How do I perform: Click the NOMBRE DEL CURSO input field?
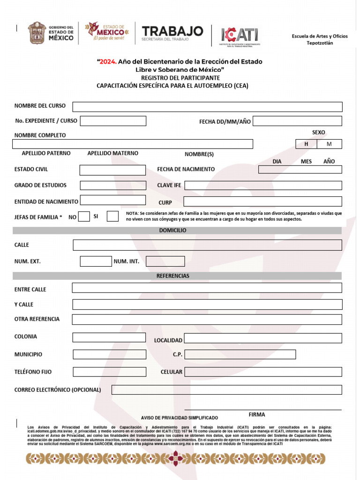207,107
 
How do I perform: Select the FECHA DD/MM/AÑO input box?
297,121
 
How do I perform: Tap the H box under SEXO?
306,144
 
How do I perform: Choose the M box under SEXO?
329,144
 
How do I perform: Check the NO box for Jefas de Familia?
84,217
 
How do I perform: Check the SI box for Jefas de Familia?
112,217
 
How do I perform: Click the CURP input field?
262,202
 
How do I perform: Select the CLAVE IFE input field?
263,185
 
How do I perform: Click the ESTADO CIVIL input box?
112,170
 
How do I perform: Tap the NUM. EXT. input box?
96,261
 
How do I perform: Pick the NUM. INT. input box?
165,261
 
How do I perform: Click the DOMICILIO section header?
172,231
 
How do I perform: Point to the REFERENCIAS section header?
172,276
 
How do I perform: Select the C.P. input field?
240,354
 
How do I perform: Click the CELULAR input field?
263,372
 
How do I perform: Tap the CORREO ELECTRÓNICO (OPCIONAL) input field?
226,390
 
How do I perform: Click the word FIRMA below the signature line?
256,415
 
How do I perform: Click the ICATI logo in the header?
240,35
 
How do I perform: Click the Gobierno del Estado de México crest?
36,33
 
